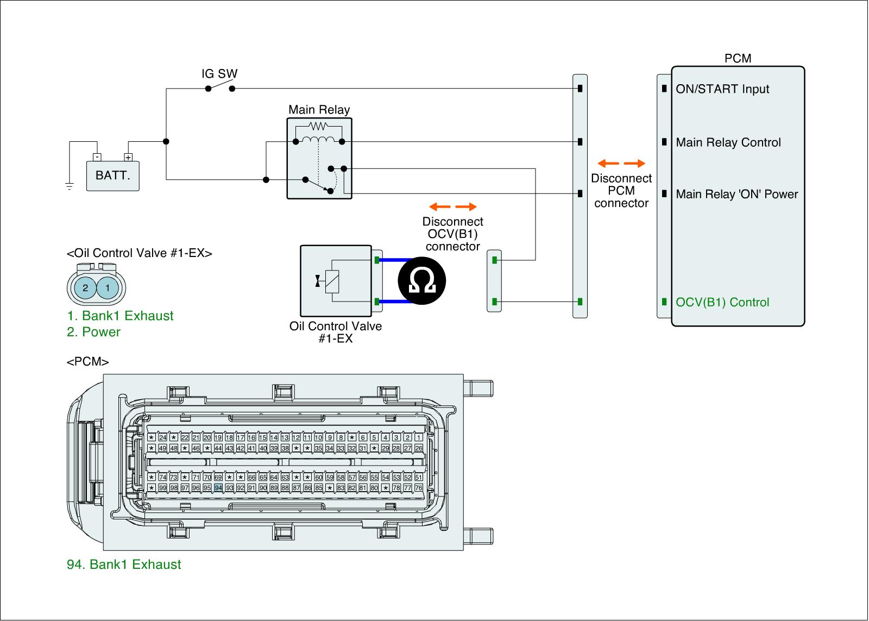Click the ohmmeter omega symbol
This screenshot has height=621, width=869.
tap(421, 280)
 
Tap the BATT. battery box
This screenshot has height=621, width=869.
tap(113, 176)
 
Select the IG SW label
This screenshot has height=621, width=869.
tap(219, 74)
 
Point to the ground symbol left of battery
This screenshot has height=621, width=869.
tap(70, 187)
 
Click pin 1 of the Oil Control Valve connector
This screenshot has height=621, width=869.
tap(108, 287)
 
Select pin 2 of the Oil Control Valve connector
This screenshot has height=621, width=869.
tap(85, 287)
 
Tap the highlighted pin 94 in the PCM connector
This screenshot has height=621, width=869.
tap(218, 488)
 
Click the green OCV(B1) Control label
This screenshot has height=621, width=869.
tap(722, 303)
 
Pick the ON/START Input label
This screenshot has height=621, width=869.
tap(722, 89)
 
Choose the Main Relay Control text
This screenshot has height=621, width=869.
tap(728, 143)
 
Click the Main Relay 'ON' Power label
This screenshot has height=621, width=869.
tap(736, 195)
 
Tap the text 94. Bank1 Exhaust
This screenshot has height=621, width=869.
tap(124, 564)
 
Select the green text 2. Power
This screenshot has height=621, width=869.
tap(93, 332)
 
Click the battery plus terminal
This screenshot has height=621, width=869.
tap(128, 158)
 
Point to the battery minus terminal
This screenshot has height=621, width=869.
tap(97, 158)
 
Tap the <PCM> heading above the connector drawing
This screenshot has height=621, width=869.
tap(87, 362)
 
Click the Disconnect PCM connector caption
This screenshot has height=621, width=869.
tap(621, 191)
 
